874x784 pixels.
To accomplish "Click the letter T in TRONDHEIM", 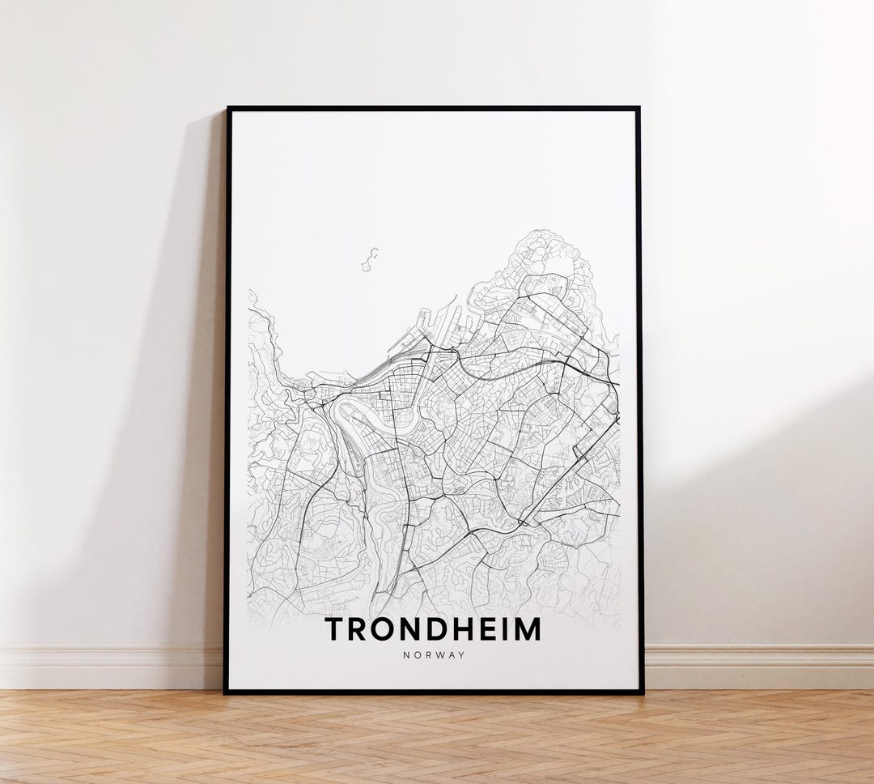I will click(x=333, y=629).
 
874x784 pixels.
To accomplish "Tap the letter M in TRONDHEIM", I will click(x=526, y=629).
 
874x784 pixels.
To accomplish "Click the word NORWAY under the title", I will click(x=434, y=655).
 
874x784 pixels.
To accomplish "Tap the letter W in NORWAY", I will click(x=440, y=655).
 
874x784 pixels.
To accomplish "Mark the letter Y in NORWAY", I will click(x=462, y=655).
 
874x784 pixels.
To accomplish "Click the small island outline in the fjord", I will click(x=371, y=259).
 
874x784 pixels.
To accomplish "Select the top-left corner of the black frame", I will click(x=227, y=108).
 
